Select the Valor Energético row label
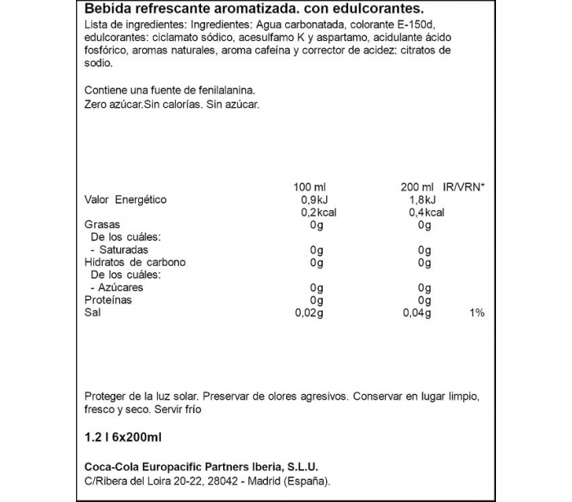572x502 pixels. pos(126,199)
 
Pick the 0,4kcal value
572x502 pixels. pos(425,212)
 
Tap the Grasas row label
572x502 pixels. pos(103,225)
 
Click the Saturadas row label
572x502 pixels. pos(123,250)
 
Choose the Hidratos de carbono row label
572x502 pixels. pos(135,262)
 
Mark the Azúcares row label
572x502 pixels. pos(121,288)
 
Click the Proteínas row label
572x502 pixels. pos(109,300)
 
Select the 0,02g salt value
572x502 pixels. pos(311,313)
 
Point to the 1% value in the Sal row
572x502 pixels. pos(477,313)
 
